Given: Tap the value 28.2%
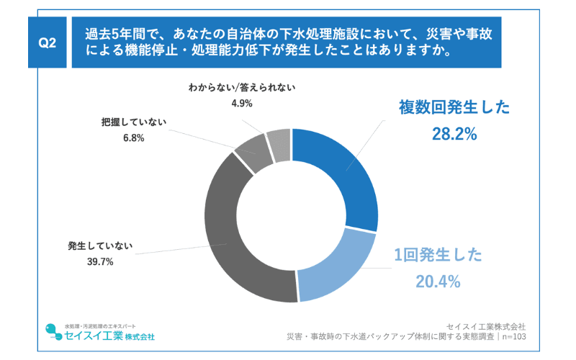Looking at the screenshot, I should point(454,133).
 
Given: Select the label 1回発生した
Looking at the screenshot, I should point(437,256).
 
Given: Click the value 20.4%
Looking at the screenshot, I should point(436,282).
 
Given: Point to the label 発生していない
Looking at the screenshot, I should point(100,245).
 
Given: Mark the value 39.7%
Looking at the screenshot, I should point(100,261).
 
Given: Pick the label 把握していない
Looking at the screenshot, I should point(134,122).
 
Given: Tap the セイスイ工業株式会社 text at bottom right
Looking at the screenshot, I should point(486,325).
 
